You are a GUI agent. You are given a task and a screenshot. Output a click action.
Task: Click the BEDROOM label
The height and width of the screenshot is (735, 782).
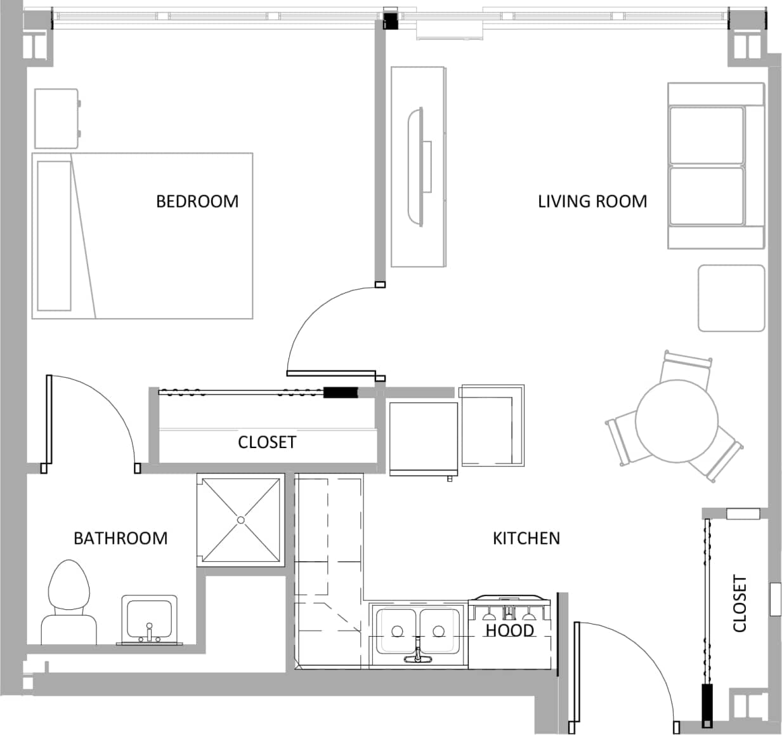[197, 201]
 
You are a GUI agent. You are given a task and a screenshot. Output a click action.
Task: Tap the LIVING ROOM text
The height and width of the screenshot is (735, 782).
[592, 201]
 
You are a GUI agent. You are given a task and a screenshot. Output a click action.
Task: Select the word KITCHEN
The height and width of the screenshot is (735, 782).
[526, 538]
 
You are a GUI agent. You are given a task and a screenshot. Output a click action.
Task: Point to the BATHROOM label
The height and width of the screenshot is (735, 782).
[121, 538]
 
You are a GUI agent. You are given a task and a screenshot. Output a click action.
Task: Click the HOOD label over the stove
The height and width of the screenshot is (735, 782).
[510, 630]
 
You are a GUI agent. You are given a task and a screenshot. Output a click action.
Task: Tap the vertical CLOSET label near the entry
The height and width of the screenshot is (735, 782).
[740, 604]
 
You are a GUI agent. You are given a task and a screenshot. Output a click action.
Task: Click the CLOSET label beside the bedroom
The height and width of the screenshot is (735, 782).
[266, 442]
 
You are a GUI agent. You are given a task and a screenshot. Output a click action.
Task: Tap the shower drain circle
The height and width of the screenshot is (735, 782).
[240, 520]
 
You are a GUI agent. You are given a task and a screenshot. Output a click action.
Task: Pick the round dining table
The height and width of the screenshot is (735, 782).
[677, 421]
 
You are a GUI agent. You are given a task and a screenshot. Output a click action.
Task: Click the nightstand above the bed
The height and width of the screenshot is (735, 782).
[56, 119]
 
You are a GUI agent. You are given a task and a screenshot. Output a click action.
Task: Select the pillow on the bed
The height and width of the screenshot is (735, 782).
[54, 235]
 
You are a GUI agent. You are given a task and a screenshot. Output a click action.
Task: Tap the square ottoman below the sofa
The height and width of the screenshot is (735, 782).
[731, 298]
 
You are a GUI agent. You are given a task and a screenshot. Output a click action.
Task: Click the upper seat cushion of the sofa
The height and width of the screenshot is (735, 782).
[706, 135]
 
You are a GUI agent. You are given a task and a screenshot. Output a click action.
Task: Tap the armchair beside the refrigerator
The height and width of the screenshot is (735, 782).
[492, 425]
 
